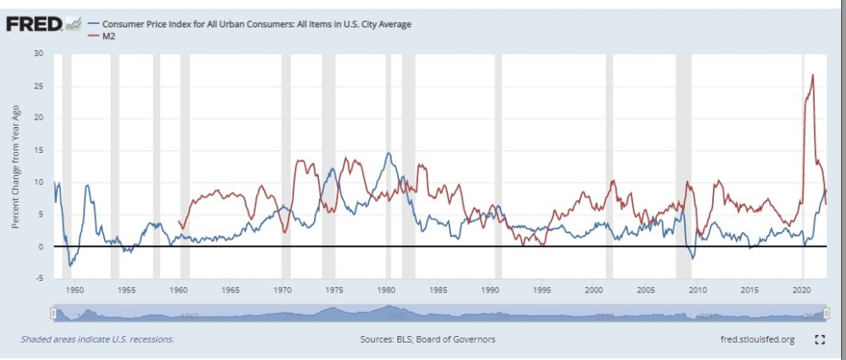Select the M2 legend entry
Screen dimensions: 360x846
[x=108, y=37]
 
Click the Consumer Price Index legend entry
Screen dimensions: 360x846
[x=256, y=24]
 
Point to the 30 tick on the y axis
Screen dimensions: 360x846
[x=38, y=54]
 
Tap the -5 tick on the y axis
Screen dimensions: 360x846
[x=39, y=279]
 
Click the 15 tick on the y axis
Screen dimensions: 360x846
[x=38, y=150]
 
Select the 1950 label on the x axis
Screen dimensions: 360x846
[x=74, y=291]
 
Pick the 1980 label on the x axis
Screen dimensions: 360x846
[x=387, y=291]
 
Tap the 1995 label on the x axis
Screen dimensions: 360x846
[x=542, y=291]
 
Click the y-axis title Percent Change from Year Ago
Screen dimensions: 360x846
[x=16, y=168]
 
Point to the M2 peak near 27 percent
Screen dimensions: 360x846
[x=813, y=75]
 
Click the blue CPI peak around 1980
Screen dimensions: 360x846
[x=387, y=154]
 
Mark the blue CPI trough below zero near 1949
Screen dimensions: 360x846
[x=70, y=265]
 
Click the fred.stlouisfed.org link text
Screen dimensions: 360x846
[x=757, y=339]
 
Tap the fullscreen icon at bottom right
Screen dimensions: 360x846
[x=820, y=339]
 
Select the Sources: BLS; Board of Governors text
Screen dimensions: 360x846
[x=428, y=339]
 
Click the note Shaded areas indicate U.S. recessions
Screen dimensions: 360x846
[x=97, y=339]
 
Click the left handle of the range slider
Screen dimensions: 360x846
[x=53, y=314]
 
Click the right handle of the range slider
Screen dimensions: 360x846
[x=825, y=314]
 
